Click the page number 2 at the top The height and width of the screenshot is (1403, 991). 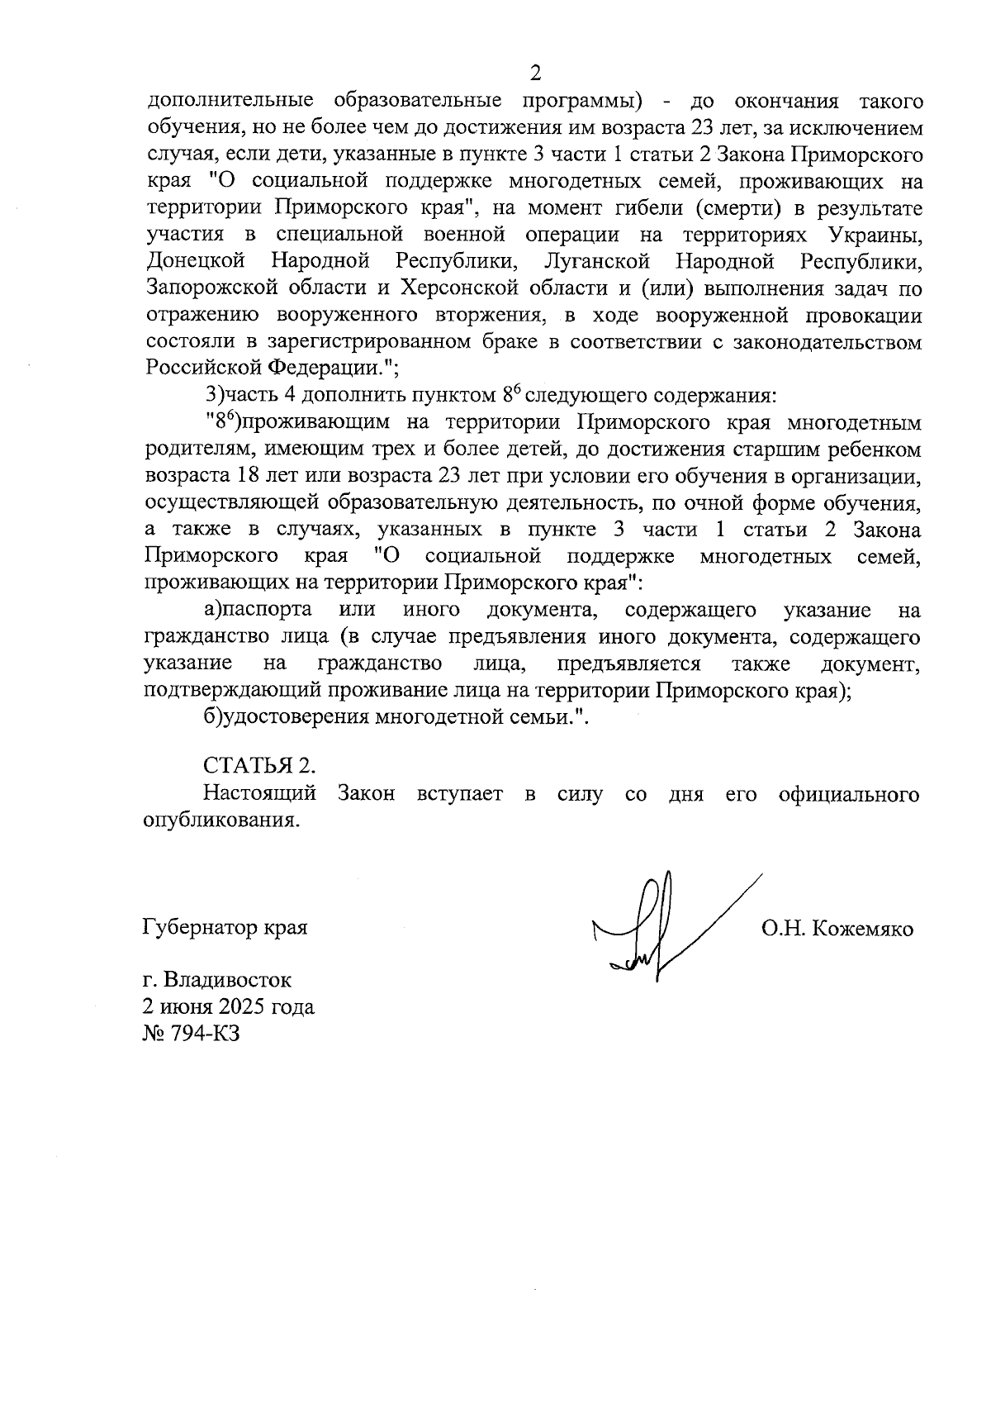tap(534, 74)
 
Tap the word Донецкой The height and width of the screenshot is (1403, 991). tap(197, 262)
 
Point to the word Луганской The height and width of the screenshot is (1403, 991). tap(598, 262)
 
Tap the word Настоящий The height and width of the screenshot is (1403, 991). tap(260, 794)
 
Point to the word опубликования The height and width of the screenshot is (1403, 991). tap(220, 820)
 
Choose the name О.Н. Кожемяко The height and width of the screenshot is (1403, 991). tap(837, 929)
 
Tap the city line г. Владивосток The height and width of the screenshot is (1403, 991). tap(217, 981)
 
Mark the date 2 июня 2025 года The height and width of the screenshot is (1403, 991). tap(229, 1007)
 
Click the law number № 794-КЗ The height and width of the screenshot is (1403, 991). tap(192, 1034)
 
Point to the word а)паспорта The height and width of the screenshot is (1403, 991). tap(258, 611)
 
